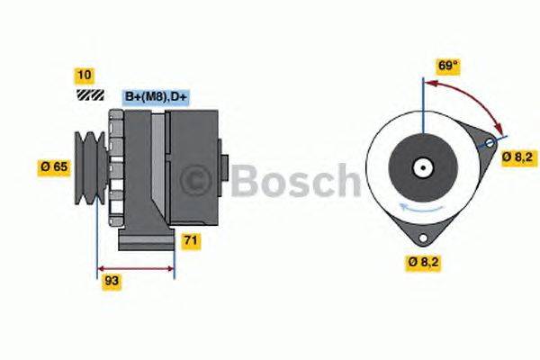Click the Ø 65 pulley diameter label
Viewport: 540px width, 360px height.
[x=54, y=166]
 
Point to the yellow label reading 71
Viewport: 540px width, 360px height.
[x=191, y=240]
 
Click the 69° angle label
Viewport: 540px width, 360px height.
[x=449, y=65]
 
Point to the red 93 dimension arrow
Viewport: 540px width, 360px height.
[x=135, y=267]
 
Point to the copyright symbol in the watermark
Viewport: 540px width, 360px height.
[x=197, y=180]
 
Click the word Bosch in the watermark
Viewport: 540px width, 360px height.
[x=292, y=180]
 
